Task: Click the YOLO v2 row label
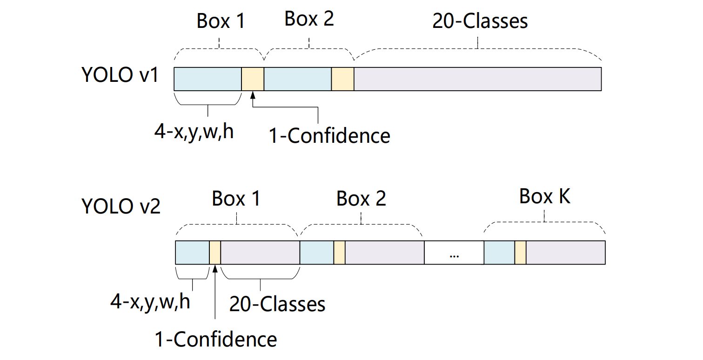(x=121, y=206)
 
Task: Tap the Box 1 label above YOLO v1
(x=221, y=21)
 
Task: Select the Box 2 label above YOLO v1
(x=309, y=19)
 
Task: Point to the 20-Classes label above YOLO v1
(x=480, y=21)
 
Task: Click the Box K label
(x=545, y=197)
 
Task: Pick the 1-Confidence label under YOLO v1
(x=329, y=135)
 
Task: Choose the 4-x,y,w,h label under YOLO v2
(x=150, y=302)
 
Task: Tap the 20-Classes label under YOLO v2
(x=277, y=304)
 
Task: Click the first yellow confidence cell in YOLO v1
(x=253, y=79)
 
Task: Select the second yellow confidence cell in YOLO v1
(x=343, y=79)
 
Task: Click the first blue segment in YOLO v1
(x=208, y=79)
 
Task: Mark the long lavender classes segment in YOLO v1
(x=477, y=79)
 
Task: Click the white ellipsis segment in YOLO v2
(x=454, y=253)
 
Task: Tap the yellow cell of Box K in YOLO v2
(x=520, y=253)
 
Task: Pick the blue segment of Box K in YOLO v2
(x=499, y=253)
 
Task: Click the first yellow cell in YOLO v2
(x=215, y=253)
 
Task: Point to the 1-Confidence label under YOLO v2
(x=216, y=339)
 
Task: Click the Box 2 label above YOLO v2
(x=361, y=199)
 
